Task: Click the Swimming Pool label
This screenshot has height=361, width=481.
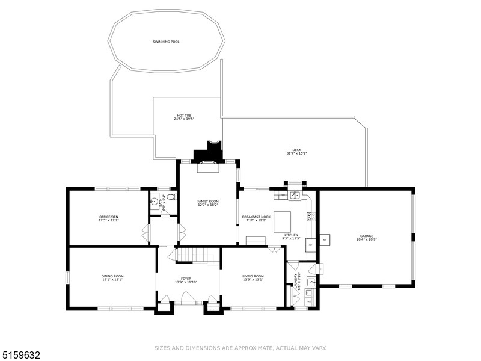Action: [x=166, y=42]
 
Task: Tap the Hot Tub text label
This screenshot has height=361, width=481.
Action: [x=184, y=117]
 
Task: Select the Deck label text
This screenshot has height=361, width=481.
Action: [x=296, y=152]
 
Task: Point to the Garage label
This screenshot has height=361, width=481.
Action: [x=366, y=238]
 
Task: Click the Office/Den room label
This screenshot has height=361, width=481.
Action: [x=109, y=218]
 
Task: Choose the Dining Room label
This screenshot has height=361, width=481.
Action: [x=112, y=277]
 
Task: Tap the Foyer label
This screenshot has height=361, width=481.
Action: [x=186, y=280]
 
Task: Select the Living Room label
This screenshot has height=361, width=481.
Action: [x=253, y=277]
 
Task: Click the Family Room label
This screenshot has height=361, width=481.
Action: [x=208, y=203]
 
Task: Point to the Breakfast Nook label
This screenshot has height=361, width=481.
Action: [x=256, y=218]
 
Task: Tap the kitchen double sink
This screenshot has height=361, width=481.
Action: [x=295, y=196]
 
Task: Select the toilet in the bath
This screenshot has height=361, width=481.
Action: [x=171, y=197]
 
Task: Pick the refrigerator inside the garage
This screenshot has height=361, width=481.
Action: [x=324, y=240]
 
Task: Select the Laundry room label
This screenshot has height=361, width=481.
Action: [x=296, y=282]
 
